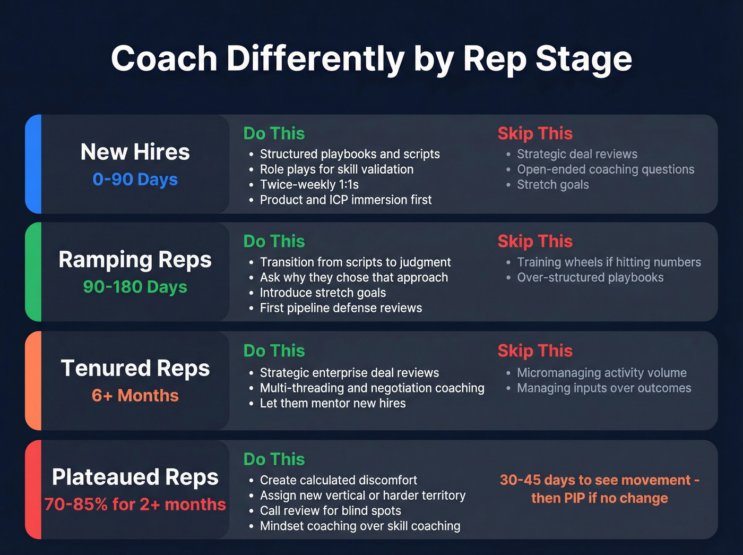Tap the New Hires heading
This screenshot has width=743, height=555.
click(135, 152)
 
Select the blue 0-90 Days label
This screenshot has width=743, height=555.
click(135, 180)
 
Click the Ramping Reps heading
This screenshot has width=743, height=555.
click(135, 260)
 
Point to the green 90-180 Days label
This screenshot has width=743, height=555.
click(135, 287)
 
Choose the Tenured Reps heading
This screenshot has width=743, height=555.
click(135, 369)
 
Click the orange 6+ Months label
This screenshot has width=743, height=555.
click(135, 396)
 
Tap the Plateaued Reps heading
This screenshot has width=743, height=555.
click(135, 477)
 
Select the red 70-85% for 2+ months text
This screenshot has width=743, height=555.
click(135, 505)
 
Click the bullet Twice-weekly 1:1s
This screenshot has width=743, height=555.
click(309, 185)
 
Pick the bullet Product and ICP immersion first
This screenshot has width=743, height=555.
click(345, 200)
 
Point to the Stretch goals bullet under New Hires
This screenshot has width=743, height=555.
click(552, 185)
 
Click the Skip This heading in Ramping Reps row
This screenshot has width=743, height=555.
click(535, 242)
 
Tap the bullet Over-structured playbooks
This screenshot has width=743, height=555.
click(590, 278)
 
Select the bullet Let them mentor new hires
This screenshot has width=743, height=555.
click(333, 404)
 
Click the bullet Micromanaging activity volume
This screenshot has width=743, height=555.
click(602, 373)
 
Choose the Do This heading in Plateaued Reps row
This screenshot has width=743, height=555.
click(274, 459)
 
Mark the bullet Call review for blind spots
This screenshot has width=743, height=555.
click(330, 511)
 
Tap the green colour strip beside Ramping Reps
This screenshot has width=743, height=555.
click(33, 272)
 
